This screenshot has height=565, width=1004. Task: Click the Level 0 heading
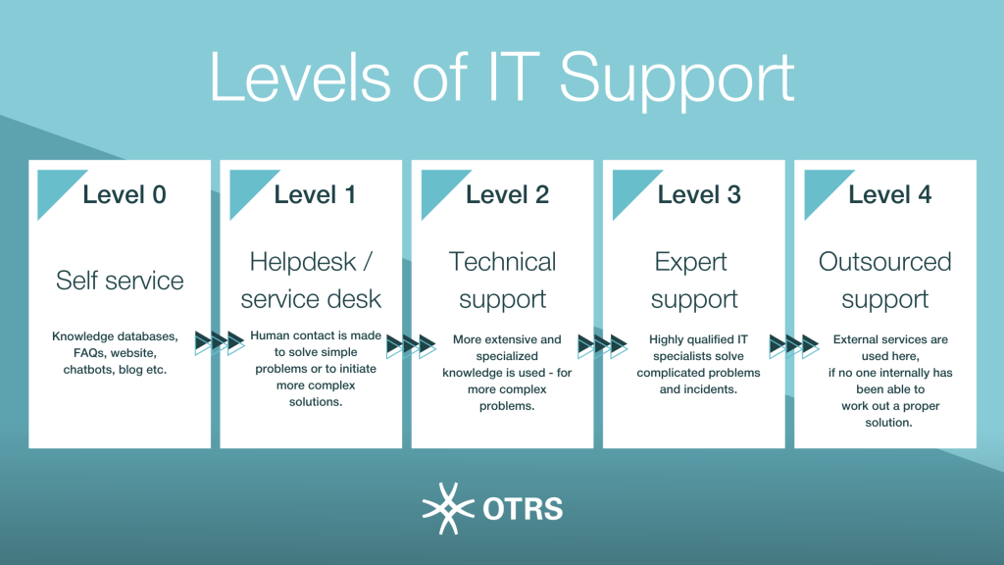pyautogui.click(x=125, y=195)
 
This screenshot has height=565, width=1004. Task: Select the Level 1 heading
pyautogui.click(x=315, y=195)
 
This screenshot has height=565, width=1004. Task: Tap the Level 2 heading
pyautogui.click(x=507, y=195)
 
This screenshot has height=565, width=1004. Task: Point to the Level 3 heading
pyautogui.click(x=698, y=195)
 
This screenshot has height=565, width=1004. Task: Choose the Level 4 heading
pyautogui.click(x=890, y=195)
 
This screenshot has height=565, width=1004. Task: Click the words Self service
pyautogui.click(x=120, y=281)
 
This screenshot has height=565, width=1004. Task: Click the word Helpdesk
pyautogui.click(x=302, y=262)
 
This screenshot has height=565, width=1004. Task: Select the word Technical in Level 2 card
pyautogui.click(x=503, y=262)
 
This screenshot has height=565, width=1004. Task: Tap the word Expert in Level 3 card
pyautogui.click(x=691, y=263)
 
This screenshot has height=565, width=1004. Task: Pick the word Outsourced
pyautogui.click(x=885, y=262)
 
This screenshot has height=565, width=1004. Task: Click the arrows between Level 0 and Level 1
pyautogui.click(x=220, y=342)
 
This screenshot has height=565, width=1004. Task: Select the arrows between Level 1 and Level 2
pyautogui.click(x=411, y=346)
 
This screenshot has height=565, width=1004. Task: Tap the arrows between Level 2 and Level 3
pyautogui.click(x=603, y=346)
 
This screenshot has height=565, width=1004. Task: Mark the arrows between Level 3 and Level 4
pyautogui.click(x=794, y=346)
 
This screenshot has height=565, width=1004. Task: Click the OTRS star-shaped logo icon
pyautogui.click(x=448, y=509)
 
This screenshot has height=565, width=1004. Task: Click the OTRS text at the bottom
pyautogui.click(x=524, y=509)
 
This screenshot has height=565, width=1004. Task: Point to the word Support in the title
pyautogui.click(x=678, y=79)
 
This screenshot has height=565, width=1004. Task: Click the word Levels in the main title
pyautogui.click(x=300, y=77)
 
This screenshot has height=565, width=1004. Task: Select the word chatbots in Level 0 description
pyautogui.click(x=87, y=370)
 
